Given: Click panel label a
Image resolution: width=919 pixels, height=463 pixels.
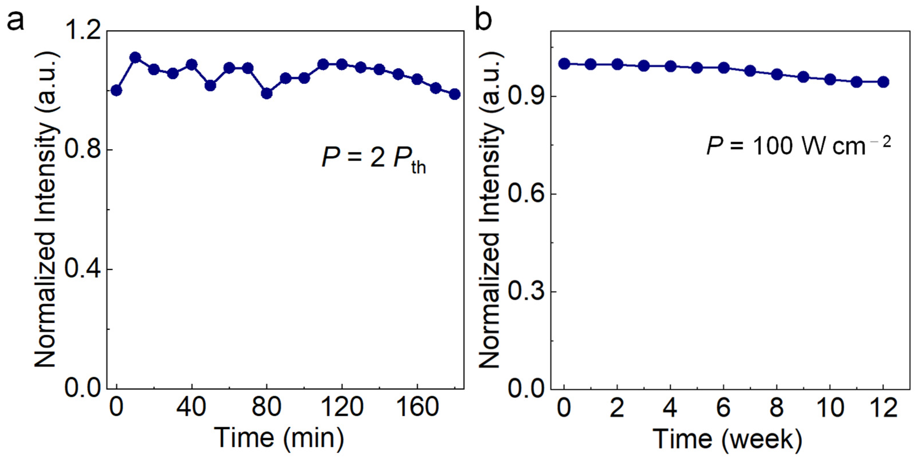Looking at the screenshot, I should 16,21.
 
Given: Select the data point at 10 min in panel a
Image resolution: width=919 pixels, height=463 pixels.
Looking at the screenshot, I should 135,57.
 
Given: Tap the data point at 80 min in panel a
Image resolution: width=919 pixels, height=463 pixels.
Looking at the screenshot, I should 266,93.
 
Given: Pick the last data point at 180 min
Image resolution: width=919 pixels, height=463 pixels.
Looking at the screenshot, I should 454,94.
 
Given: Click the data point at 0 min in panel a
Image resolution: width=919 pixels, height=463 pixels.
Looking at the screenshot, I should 116,90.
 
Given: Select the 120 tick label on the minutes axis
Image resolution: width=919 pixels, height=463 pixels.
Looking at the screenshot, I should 342,407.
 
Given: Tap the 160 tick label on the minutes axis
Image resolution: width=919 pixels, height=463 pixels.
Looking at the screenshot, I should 417,407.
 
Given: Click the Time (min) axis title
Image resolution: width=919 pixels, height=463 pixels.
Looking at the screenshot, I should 279,438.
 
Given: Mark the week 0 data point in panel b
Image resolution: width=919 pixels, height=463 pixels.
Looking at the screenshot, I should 564,64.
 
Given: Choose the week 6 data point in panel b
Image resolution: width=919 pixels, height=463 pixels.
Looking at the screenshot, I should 724,68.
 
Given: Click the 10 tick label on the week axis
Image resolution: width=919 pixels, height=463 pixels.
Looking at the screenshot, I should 830,408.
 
